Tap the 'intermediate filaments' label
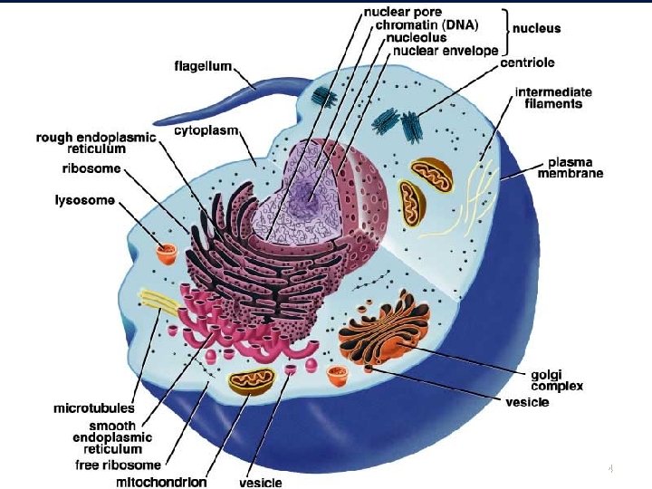[553, 98]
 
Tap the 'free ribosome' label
[118, 465]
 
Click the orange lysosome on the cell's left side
[166, 254]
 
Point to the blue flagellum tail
[263, 89]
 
